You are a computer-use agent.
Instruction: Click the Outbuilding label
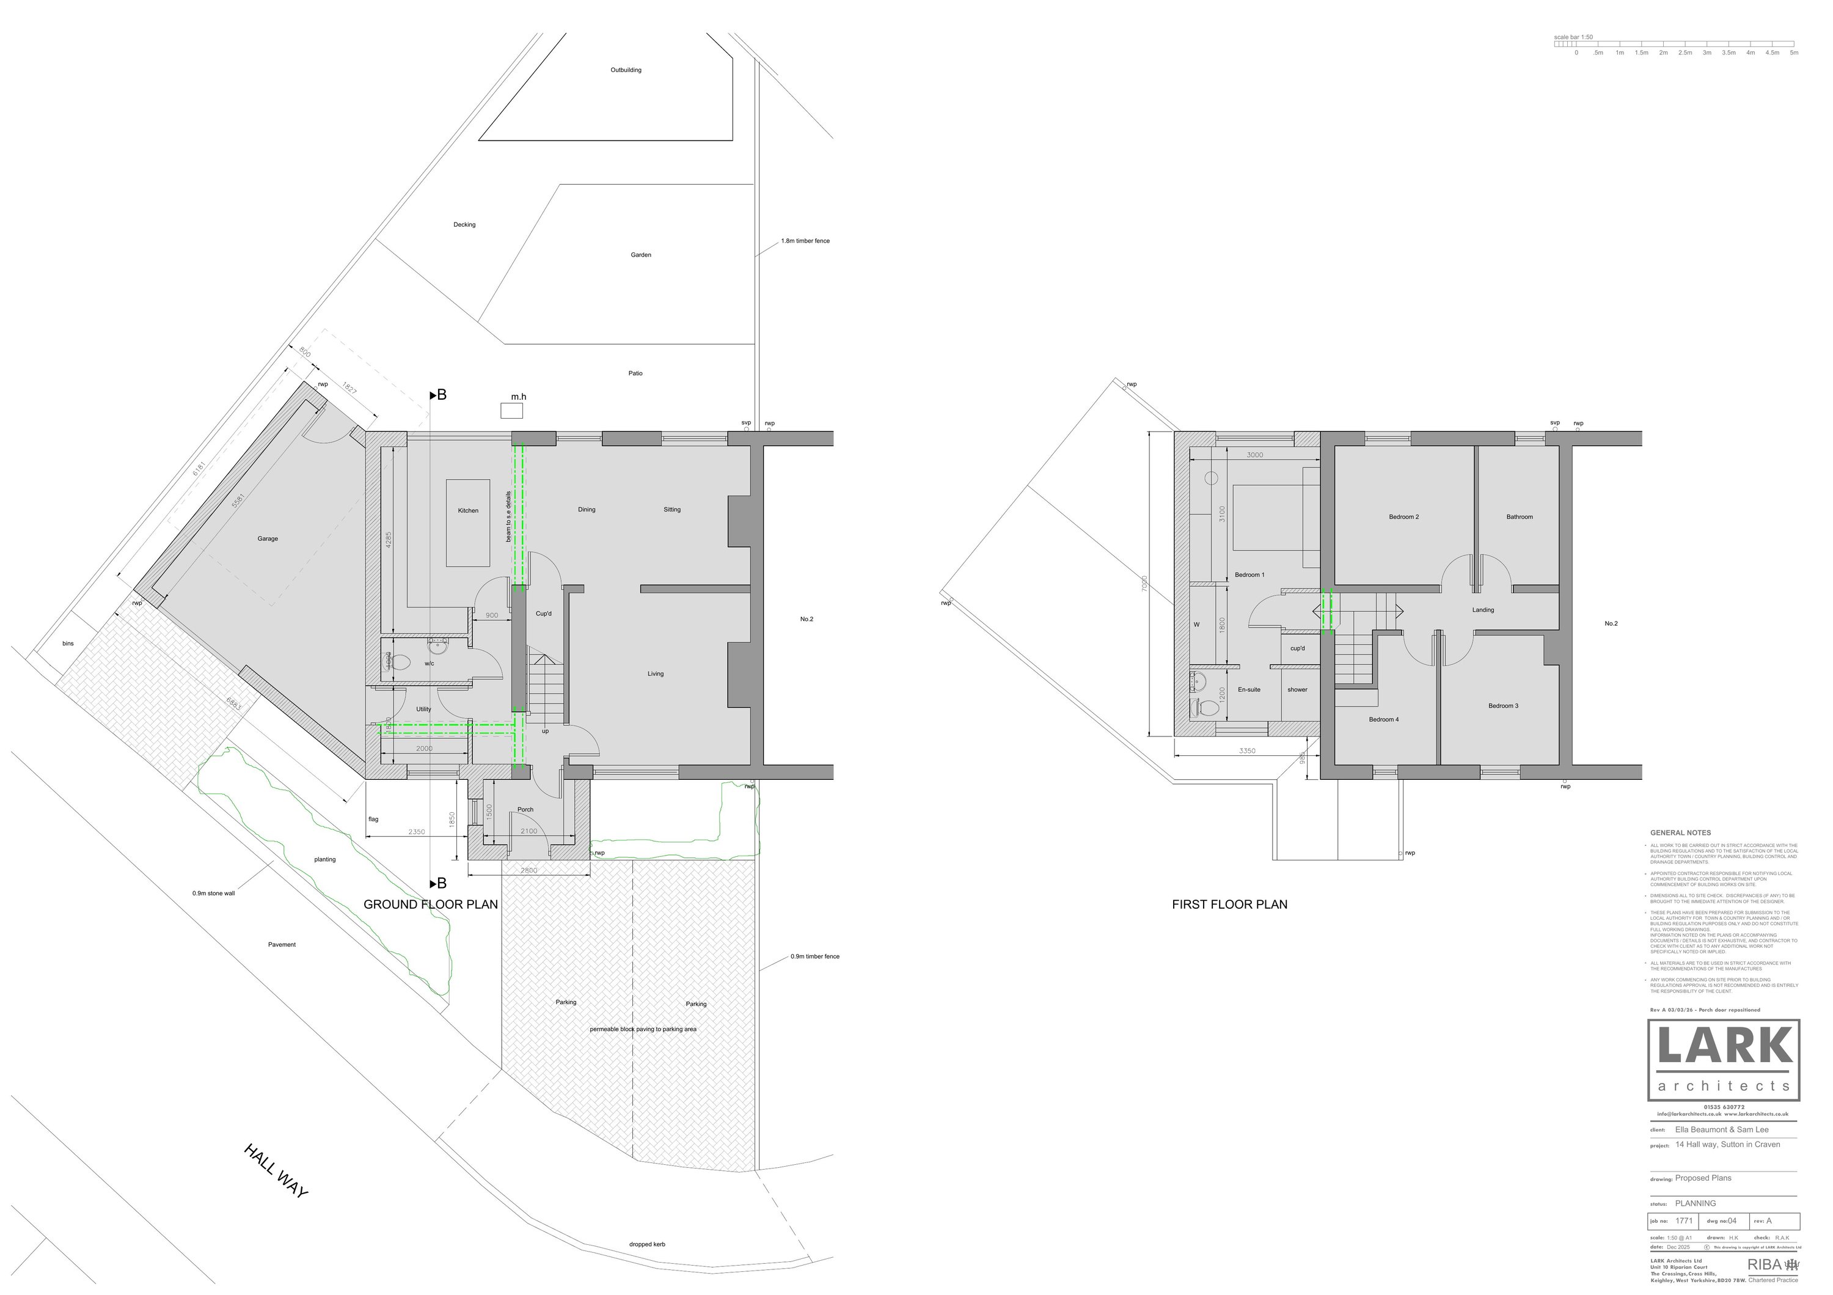tap(625, 70)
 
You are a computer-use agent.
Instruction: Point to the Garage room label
tap(268, 539)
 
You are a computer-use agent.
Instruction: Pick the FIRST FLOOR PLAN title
tap(1229, 904)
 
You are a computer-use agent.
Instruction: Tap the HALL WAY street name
tap(276, 1170)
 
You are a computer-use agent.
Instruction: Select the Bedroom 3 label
tap(1502, 706)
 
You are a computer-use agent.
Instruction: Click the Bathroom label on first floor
tap(1519, 518)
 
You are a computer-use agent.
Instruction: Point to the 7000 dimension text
tap(1144, 584)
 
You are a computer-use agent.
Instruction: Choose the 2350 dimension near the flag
tap(417, 832)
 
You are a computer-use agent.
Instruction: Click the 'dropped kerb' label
tap(646, 1244)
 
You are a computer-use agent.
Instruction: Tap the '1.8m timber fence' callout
tap(805, 241)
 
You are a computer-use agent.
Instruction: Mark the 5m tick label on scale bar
tap(1794, 53)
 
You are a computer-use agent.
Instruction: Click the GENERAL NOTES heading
tap(1680, 833)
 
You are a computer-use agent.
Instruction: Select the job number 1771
tap(1684, 1221)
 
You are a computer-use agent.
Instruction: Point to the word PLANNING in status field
tap(1695, 1203)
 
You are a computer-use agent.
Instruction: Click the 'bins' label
tap(68, 644)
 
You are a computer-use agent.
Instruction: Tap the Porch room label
tap(525, 810)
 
